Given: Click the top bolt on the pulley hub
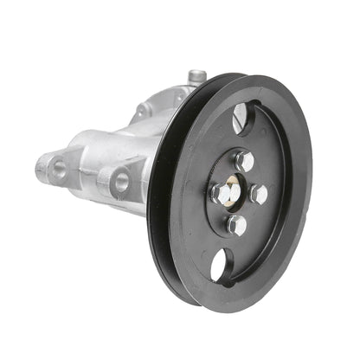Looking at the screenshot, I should pyautogui.click(x=245, y=160).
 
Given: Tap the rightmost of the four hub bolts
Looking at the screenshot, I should pyautogui.click(x=259, y=195).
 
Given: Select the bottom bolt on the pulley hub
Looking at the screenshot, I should pyautogui.click(x=236, y=225).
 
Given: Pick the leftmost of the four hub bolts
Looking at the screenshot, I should pyautogui.click(x=219, y=192).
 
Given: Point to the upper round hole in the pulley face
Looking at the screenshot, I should pyautogui.click(x=241, y=117).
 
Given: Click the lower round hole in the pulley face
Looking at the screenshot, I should pyautogui.click(x=221, y=264).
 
